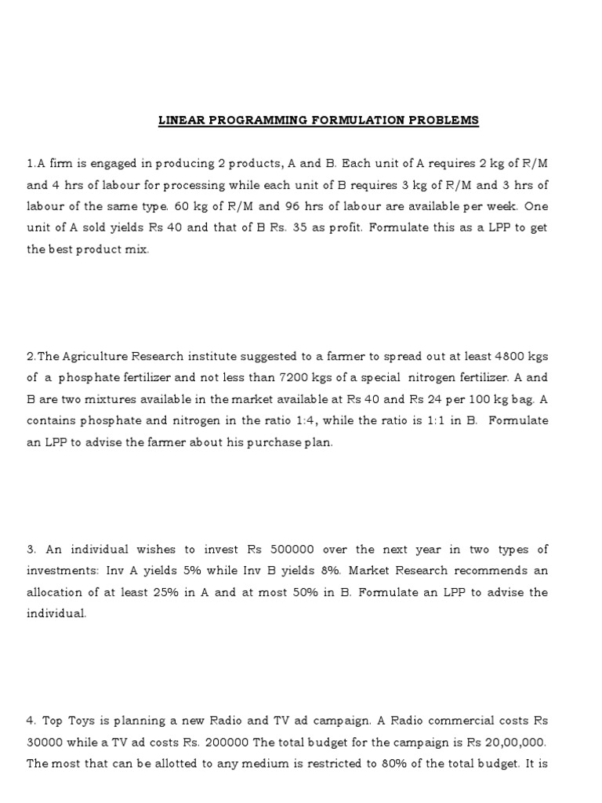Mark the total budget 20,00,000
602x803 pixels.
click(512, 742)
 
